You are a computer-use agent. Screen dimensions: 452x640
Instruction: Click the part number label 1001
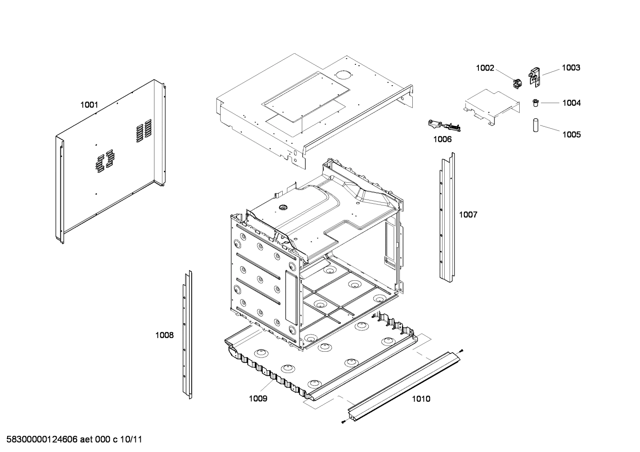(89, 105)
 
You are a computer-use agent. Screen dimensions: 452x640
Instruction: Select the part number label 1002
(485, 68)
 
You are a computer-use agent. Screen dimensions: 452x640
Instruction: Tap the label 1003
(571, 68)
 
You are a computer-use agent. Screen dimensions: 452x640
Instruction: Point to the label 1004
(571, 103)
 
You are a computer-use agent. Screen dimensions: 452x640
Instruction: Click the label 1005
(571, 134)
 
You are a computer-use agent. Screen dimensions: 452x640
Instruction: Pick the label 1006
(442, 139)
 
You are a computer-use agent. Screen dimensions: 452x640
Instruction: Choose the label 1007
(468, 215)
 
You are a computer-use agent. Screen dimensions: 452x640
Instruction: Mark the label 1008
(164, 335)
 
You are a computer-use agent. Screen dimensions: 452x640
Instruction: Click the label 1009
(258, 398)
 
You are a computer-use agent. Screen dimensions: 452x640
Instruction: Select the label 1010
(421, 399)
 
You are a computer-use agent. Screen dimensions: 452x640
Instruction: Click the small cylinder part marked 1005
(536, 125)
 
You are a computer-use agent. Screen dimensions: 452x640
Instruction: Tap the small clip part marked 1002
(516, 83)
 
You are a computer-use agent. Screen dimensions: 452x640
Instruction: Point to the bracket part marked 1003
(534, 75)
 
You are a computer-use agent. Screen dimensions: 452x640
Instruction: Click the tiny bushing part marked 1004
(535, 103)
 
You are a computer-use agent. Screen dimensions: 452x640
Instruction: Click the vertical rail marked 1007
(447, 217)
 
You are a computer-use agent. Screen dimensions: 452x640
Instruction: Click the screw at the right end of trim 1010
(462, 350)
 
